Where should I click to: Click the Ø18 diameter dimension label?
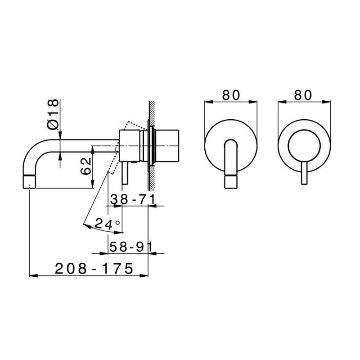tap(53, 114)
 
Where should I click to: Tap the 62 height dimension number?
tap(86, 166)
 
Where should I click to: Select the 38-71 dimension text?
tap(132, 199)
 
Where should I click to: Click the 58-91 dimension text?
tap(131, 247)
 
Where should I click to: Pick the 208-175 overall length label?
tap(94, 268)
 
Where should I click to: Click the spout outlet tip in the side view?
tap(30, 182)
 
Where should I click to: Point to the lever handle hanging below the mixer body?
tap(125, 173)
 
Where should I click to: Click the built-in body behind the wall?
tap(167, 146)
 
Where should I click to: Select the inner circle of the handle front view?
tap(304, 145)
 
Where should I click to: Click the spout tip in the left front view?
tap(231, 182)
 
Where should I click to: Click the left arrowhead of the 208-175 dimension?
tap(33, 275)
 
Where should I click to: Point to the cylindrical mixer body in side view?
tap(130, 146)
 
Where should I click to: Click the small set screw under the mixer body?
tap(134, 162)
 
